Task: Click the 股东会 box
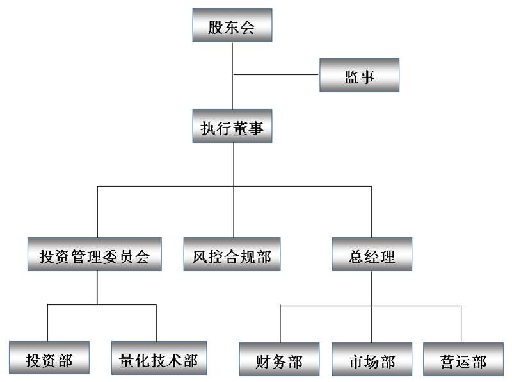point(232,27)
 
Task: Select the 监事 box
point(359,77)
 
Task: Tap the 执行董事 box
point(232,127)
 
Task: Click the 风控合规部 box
point(231,256)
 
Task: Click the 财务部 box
point(280,360)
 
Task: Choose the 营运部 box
point(463,360)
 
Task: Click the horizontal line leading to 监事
point(275,75)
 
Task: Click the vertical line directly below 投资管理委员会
point(97,287)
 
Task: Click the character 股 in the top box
point(216,28)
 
